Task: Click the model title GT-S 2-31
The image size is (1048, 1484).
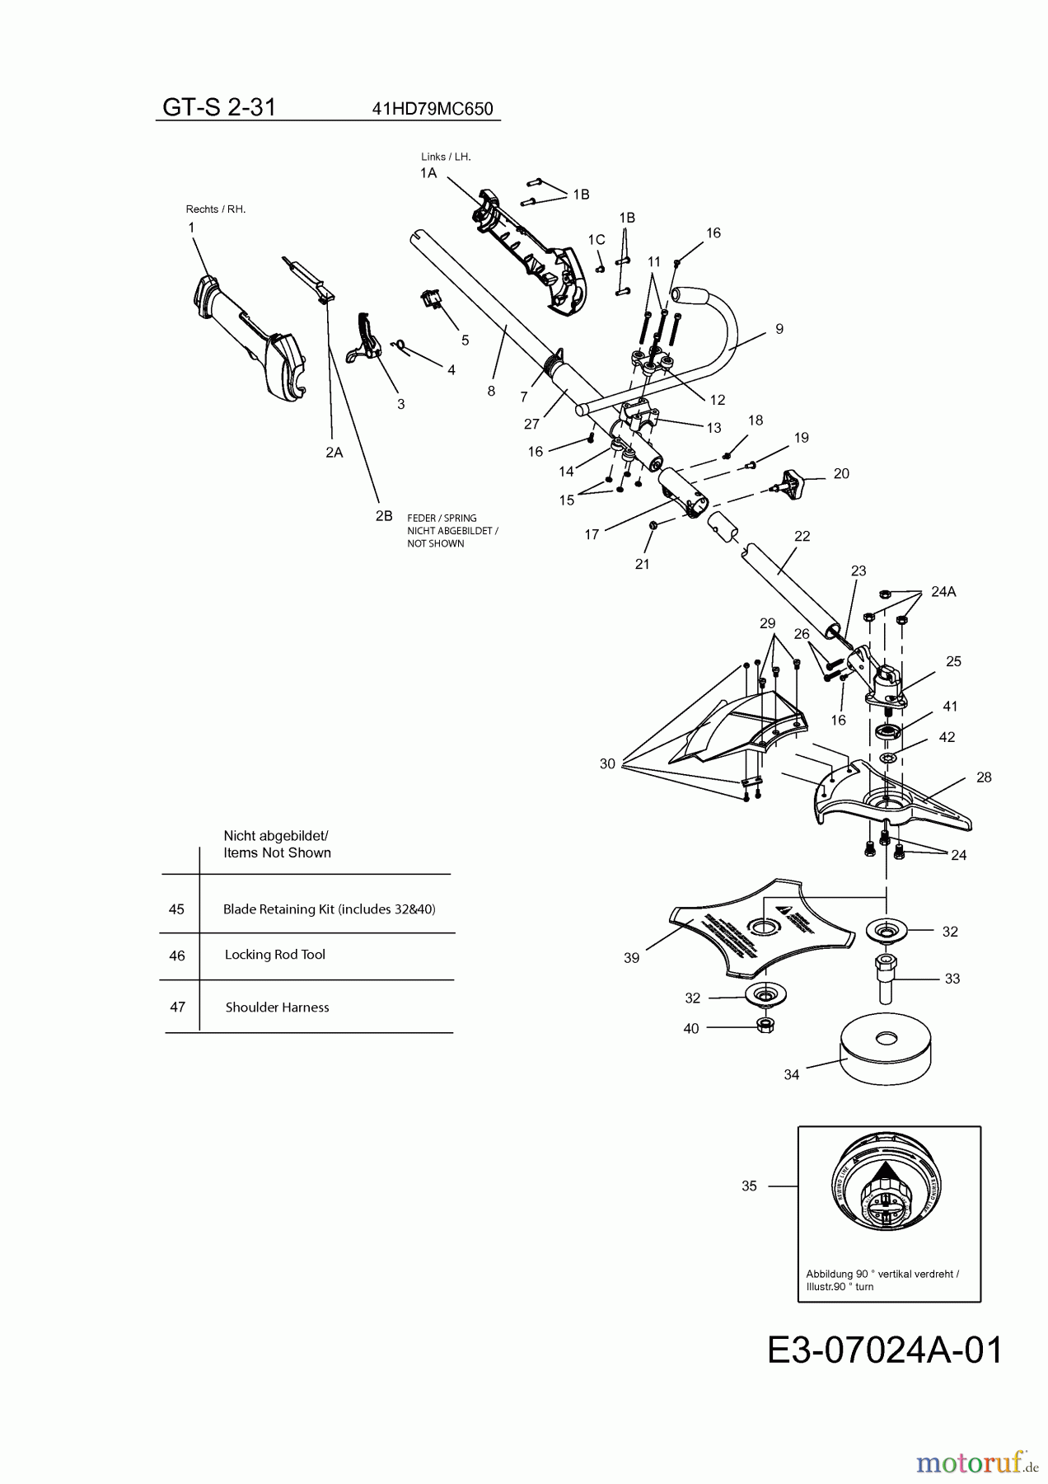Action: [x=218, y=107]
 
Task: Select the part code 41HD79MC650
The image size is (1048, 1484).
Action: [x=433, y=109]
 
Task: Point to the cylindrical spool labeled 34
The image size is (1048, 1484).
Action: [x=886, y=1054]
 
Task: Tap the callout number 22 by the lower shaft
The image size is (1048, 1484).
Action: [x=802, y=536]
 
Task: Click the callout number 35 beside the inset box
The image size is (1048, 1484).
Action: [x=749, y=1186]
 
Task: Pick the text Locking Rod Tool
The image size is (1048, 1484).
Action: [x=275, y=955]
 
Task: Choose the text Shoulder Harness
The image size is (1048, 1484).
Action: [x=277, y=1007]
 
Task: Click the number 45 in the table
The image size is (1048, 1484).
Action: [x=176, y=909]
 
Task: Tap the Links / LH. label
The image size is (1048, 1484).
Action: [x=446, y=157]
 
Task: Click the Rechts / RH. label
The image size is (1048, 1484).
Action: [x=216, y=209]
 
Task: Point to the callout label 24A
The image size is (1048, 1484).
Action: [x=943, y=591]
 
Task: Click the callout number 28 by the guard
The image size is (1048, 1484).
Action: [x=984, y=777]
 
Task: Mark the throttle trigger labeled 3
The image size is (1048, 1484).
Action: [x=366, y=337]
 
